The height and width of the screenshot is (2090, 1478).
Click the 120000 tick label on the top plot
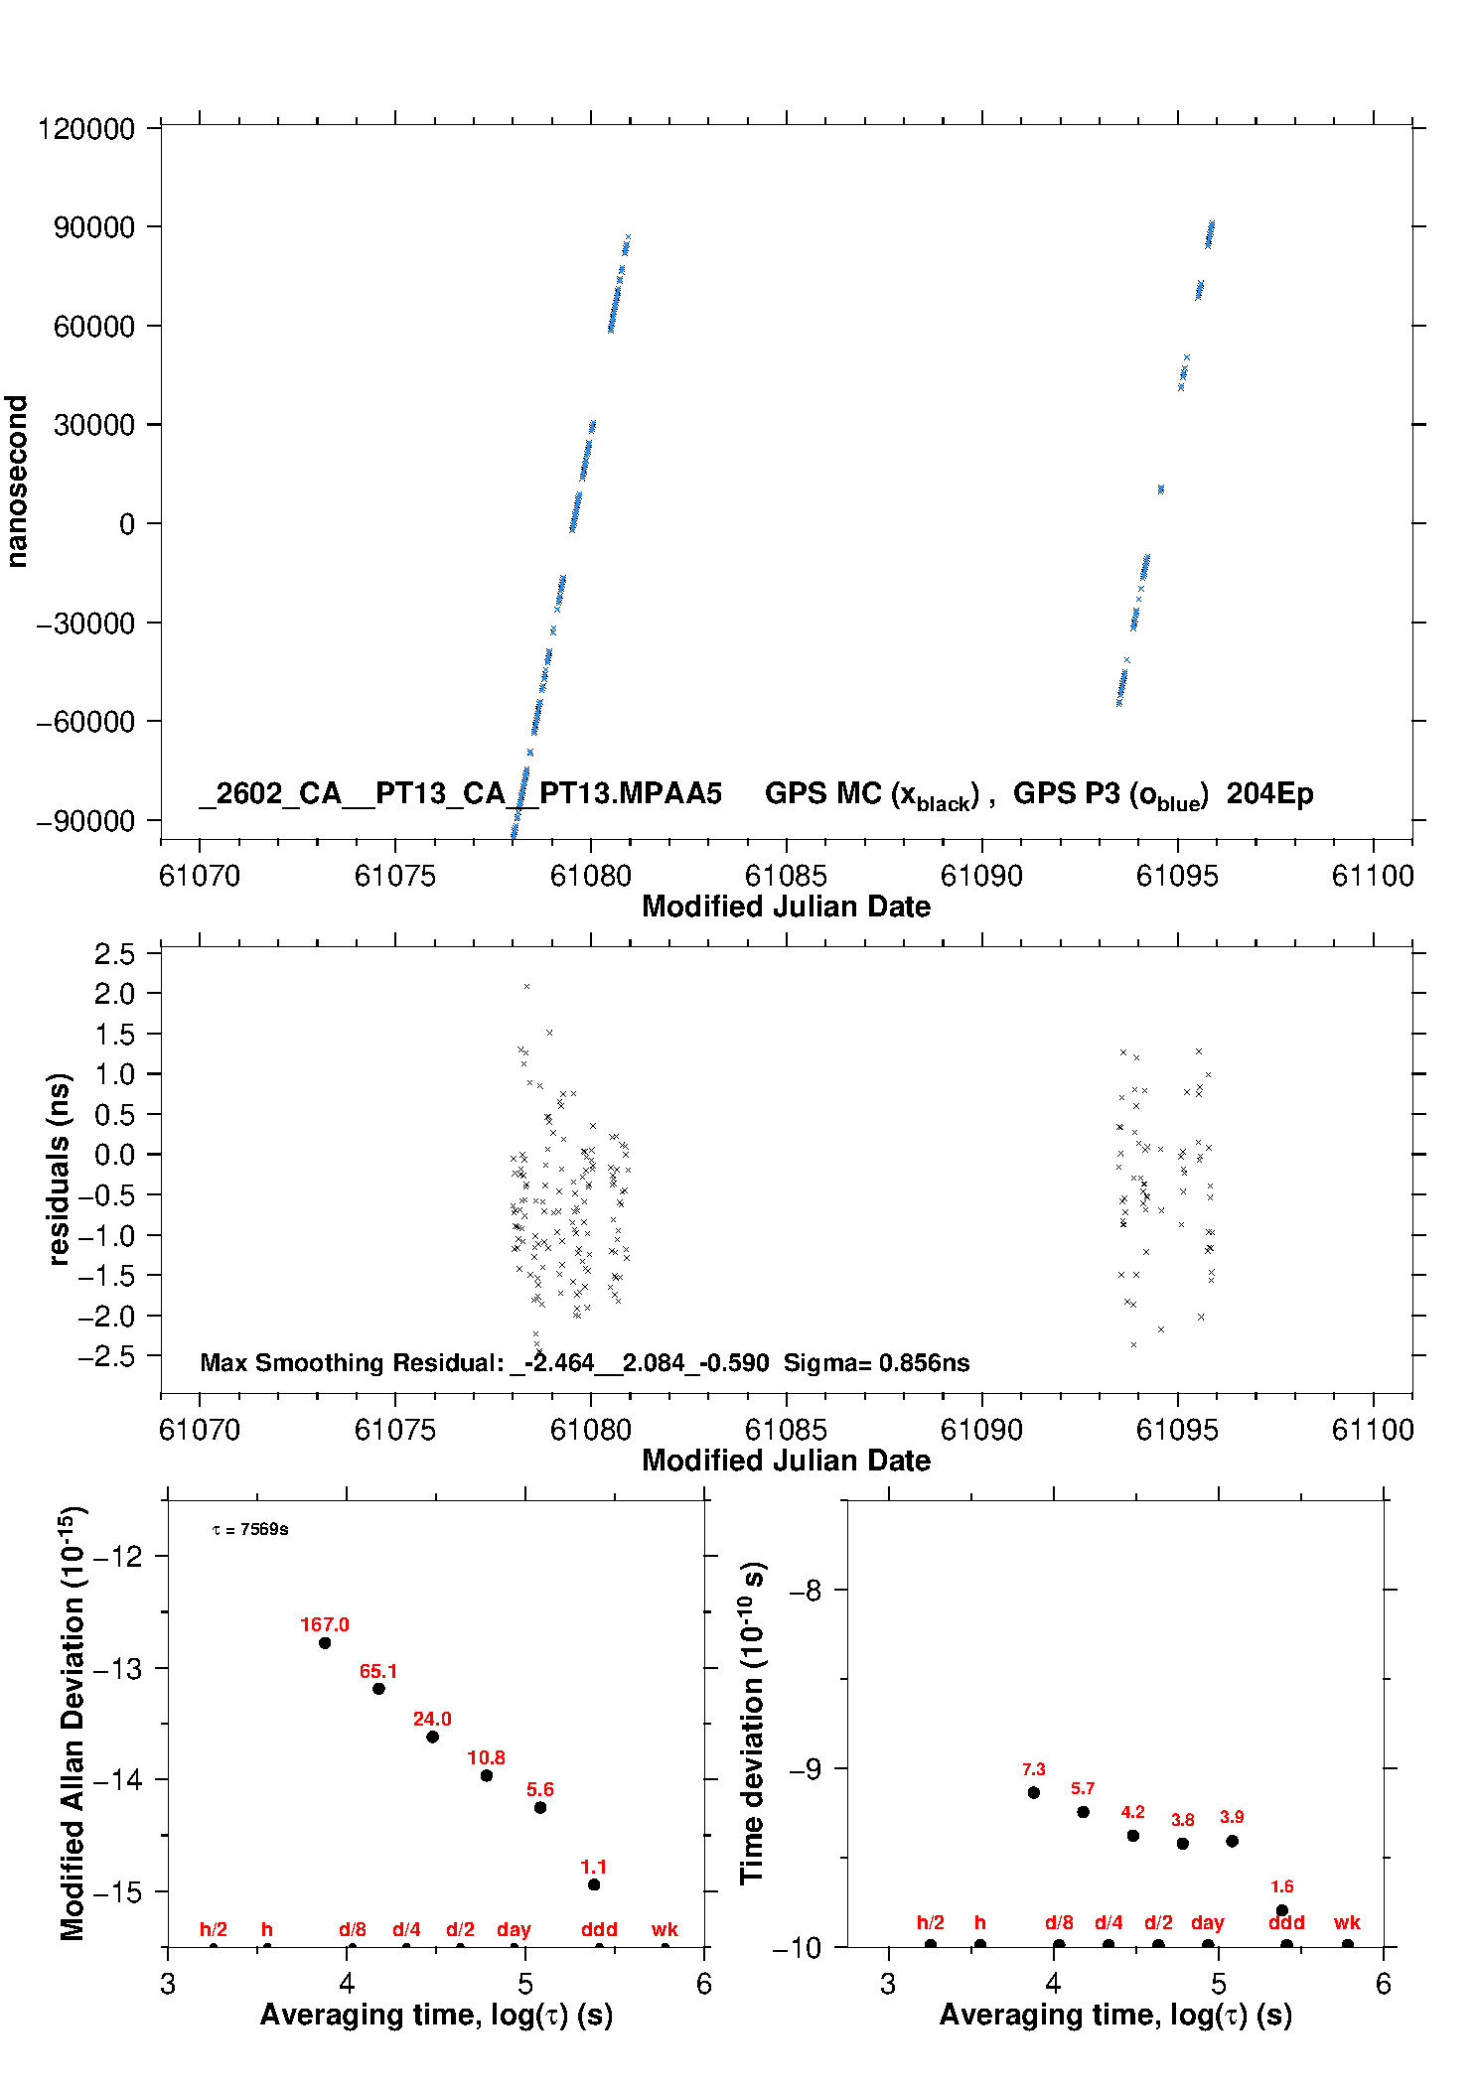click(85, 129)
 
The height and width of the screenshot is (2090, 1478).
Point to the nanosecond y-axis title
click(17, 482)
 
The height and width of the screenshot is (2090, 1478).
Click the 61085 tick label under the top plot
click(786, 876)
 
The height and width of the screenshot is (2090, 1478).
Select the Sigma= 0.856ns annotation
click(876, 1362)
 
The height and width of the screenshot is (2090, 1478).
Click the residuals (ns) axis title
click(60, 1169)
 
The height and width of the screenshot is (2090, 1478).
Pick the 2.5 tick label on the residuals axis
click(114, 954)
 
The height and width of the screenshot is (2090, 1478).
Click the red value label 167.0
click(325, 1624)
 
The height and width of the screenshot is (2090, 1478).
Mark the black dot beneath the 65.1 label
click(378, 1689)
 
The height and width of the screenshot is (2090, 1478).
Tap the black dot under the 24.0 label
click(432, 1737)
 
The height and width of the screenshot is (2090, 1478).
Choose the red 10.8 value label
click(486, 1757)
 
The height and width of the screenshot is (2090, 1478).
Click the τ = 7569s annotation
click(250, 1530)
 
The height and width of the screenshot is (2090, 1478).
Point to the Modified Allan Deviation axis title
click(73, 1722)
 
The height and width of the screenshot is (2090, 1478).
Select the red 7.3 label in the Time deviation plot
click(1033, 1769)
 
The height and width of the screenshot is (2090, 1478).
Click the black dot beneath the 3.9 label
click(1232, 1841)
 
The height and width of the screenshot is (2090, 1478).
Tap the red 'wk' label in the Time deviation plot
click(1347, 1922)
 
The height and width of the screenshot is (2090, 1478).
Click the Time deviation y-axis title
click(752, 1722)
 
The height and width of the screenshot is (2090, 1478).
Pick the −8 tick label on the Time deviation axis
click(806, 1591)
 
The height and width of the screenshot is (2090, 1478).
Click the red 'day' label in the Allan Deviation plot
click(514, 1929)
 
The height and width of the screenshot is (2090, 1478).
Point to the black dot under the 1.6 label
click(1281, 1910)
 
